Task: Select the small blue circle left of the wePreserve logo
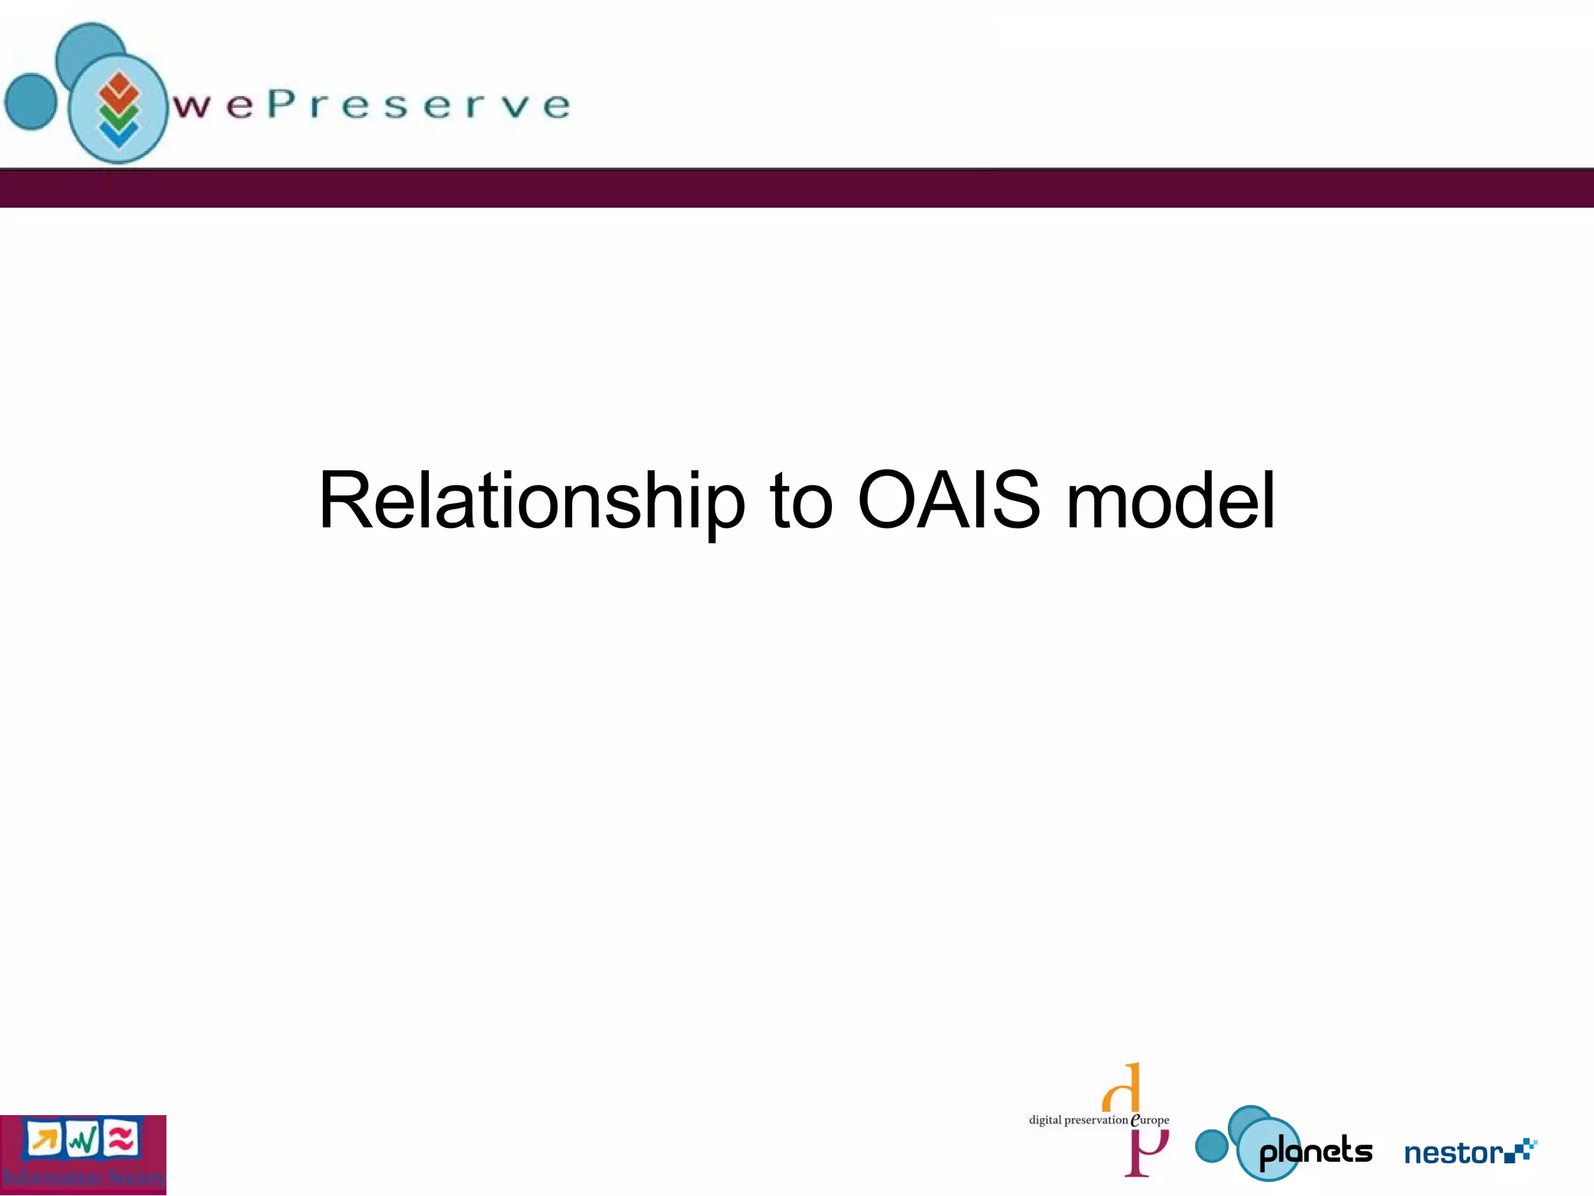tap(31, 101)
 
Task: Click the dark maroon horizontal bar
tap(797, 188)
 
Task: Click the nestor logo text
tap(1452, 1152)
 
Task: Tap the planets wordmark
tap(1315, 1152)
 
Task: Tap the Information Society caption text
tap(83, 1177)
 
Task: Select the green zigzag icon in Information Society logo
tap(83, 1141)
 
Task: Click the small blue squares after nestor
tap(1522, 1150)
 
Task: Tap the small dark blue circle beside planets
tap(1211, 1146)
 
